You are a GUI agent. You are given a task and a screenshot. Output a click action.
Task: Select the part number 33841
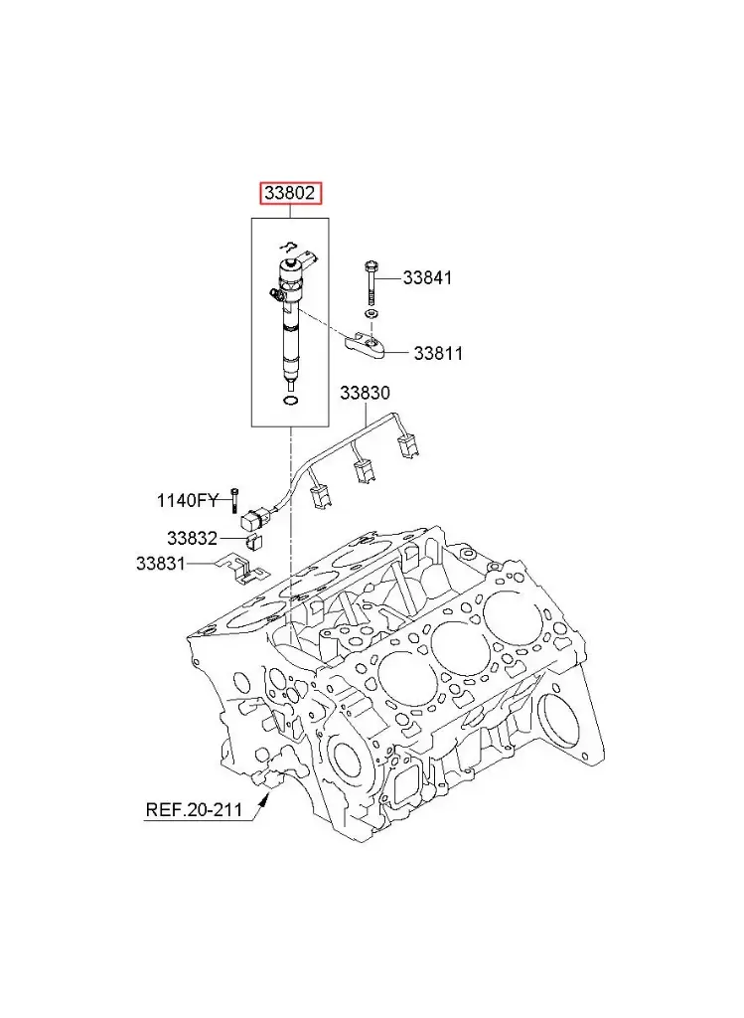click(427, 278)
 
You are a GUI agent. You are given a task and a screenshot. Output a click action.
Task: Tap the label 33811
click(438, 353)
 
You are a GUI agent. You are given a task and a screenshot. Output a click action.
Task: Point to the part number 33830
click(365, 393)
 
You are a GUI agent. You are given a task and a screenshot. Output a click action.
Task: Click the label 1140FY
click(186, 499)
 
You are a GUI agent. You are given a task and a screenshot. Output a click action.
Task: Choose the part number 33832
click(192, 538)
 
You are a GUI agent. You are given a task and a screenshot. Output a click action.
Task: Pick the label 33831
click(161, 564)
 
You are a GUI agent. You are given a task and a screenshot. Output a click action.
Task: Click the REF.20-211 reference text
click(194, 809)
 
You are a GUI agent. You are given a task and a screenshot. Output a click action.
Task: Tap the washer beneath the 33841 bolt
click(370, 314)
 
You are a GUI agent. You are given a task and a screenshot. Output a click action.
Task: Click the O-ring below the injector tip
click(290, 402)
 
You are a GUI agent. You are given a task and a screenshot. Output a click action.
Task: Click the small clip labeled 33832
click(252, 541)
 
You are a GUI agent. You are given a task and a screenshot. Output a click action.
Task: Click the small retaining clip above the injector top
click(288, 245)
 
